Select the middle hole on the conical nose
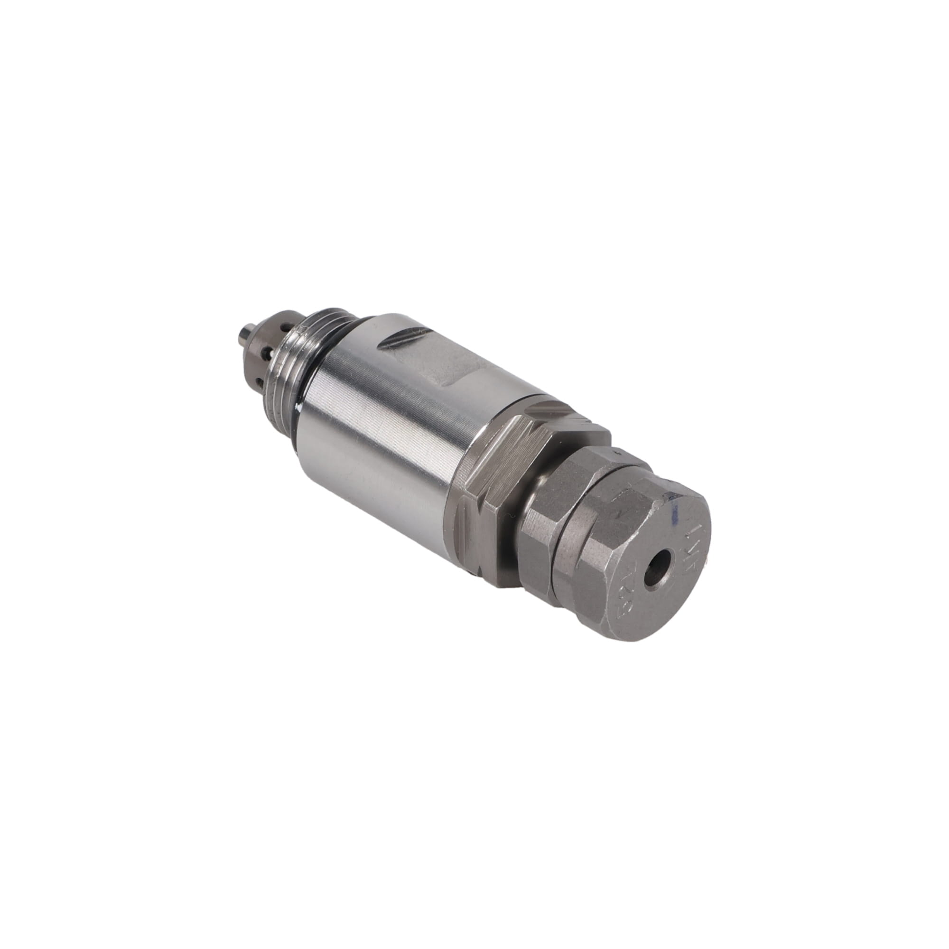pyautogui.click(x=268, y=351)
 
